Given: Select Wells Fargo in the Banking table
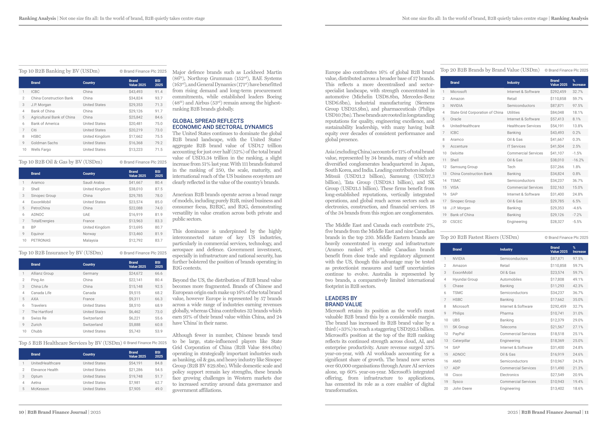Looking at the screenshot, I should pyautogui.click(x=41, y=149).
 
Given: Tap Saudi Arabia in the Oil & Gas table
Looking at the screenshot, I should pyautogui.click(x=93, y=182).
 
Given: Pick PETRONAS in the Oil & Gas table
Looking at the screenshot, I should pyautogui.click(x=41, y=240).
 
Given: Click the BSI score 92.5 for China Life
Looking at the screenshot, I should pyautogui.click(x=159, y=286).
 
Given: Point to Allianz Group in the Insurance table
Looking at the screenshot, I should pyautogui.click(x=42, y=273).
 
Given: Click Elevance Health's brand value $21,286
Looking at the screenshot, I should pyautogui.click(x=136, y=370).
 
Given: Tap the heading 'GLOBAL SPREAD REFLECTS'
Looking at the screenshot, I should pyautogui.click(x=208, y=121).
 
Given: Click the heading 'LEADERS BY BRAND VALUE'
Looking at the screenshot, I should pyautogui.click(x=343, y=301).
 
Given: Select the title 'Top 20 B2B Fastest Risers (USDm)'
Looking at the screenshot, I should pyautogui.click(x=479, y=237).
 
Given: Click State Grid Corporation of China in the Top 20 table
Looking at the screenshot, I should pyautogui.click(x=476, y=113).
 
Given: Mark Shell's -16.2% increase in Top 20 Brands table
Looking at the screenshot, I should pyautogui.click(x=578, y=160).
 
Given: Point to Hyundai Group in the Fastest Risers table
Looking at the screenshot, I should pyautogui.click(x=465, y=279).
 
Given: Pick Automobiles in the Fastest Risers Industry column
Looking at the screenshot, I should pyautogui.click(x=511, y=279).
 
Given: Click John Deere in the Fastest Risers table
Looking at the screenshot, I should pyautogui.click(x=462, y=389).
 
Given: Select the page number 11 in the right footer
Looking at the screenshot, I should pyautogui.click(x=586, y=412).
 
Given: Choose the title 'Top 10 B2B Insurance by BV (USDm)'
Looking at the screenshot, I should pyautogui.click(x=61, y=253).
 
